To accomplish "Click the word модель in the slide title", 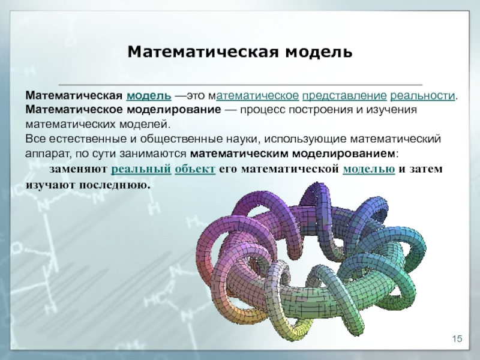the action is (x=319, y=52).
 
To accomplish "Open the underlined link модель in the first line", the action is (x=149, y=95).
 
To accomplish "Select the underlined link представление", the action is (x=344, y=96).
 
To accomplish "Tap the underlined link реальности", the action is (x=422, y=96).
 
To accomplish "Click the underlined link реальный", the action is (x=141, y=169).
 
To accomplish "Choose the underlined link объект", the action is (x=195, y=169).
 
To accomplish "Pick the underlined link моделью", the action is (x=369, y=169).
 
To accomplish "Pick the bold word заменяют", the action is (x=78, y=169).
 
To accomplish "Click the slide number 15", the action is (x=457, y=339).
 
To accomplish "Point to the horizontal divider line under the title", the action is (x=241, y=84).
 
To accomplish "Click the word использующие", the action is (x=305, y=139).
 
